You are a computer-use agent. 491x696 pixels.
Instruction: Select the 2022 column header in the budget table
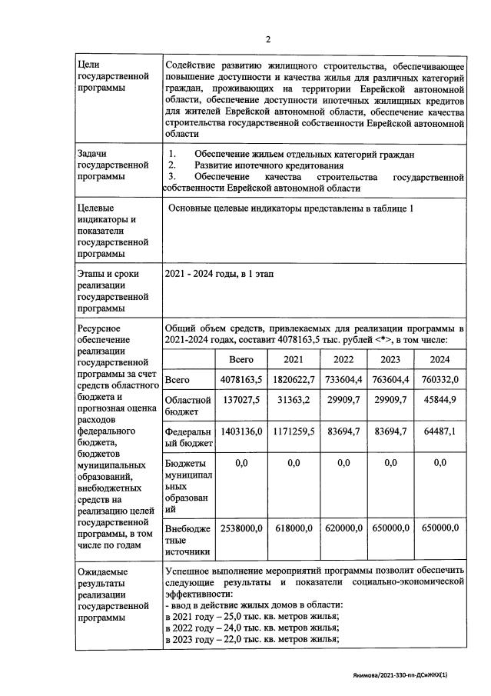click(343, 359)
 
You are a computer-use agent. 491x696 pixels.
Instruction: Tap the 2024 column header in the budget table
click(439, 359)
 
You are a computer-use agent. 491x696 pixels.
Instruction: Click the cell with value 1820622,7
click(293, 380)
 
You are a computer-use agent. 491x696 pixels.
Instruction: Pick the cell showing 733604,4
click(343, 380)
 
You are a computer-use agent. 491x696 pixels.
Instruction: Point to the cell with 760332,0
click(439, 380)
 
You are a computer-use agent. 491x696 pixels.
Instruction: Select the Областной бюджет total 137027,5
click(241, 400)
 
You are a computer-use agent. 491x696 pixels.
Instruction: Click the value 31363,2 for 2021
click(293, 400)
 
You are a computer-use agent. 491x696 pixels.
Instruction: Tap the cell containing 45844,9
click(439, 400)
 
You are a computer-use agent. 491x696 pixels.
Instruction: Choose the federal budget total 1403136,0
click(241, 432)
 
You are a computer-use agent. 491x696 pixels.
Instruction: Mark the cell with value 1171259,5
click(293, 432)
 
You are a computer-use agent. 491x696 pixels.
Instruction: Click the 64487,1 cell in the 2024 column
click(439, 432)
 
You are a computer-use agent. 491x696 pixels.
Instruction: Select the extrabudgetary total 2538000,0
click(241, 528)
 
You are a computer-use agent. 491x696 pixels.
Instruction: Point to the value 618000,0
click(293, 528)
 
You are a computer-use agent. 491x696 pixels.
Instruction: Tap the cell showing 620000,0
click(343, 528)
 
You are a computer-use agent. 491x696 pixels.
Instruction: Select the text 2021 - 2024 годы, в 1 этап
click(219, 274)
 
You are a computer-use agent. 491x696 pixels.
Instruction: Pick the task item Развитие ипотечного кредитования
click(268, 165)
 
